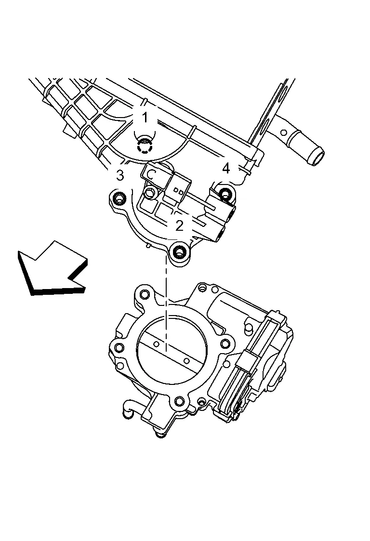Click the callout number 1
coord(145,116)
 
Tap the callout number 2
coord(179,225)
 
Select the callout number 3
coord(120,175)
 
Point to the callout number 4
coord(225,168)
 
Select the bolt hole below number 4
coord(225,194)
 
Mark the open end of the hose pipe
coord(316,158)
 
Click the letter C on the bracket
coord(150,174)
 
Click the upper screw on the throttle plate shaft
coord(156,344)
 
